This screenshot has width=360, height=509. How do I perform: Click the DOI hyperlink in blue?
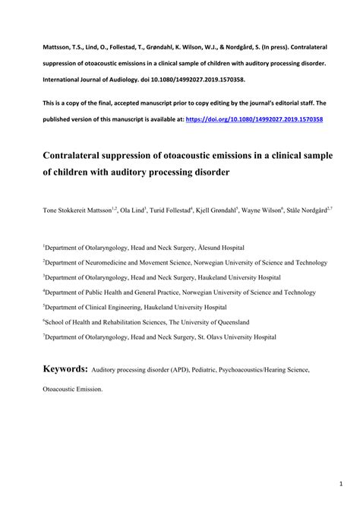(264, 119)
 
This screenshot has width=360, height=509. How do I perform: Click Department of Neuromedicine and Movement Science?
(118, 262)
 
